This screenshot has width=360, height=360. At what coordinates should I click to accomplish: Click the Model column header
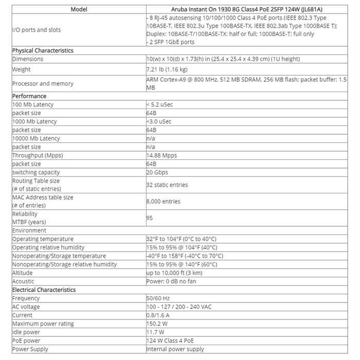pos(79,9)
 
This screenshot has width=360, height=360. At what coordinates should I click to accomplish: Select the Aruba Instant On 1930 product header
pos(249,9)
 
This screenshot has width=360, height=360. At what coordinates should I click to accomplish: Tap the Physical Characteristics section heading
pos(43,50)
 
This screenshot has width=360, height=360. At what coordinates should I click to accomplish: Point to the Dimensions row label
pos(28,59)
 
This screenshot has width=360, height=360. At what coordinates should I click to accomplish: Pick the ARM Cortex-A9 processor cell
pos(247,83)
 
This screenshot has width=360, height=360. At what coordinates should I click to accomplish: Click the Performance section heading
pos(29,96)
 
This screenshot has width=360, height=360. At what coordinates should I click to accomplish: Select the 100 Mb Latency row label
pos(33,104)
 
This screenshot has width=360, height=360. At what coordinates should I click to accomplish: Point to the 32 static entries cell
pos(167,185)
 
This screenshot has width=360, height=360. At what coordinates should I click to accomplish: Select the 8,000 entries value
pos(164,202)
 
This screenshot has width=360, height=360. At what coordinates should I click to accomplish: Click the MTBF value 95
pos(150,218)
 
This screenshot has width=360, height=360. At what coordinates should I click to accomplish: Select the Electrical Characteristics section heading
pos(45,290)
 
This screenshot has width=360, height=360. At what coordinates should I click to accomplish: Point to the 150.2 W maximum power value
pos(157,323)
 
